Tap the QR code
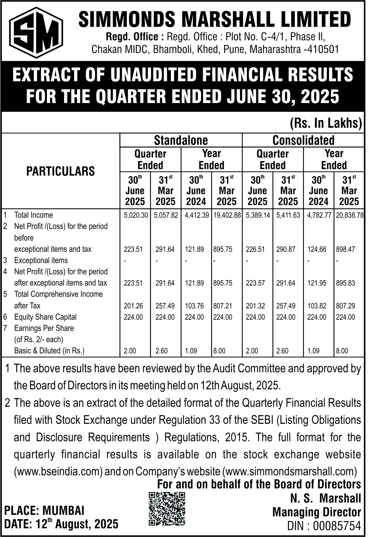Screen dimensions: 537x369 coord(167,509)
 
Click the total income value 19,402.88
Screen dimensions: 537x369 coord(228,215)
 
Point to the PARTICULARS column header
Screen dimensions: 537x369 coord(60,171)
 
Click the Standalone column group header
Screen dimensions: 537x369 coord(181,140)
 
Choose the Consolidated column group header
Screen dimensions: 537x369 coord(303,140)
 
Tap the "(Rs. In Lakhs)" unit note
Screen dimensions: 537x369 coord(326,123)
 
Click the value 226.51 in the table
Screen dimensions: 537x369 coord(255,249)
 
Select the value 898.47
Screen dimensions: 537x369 coord(345,249)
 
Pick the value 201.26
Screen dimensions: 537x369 coord(133,306)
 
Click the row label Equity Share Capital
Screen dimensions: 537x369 coord(45,317)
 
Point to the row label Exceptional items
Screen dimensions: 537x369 coord(41,260)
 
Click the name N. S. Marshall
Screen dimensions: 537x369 coord(325,498)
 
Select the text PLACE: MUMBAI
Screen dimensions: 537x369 coord(44,511)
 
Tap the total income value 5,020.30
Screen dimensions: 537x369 coord(136,215)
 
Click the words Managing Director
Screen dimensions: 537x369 coord(317,512)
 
